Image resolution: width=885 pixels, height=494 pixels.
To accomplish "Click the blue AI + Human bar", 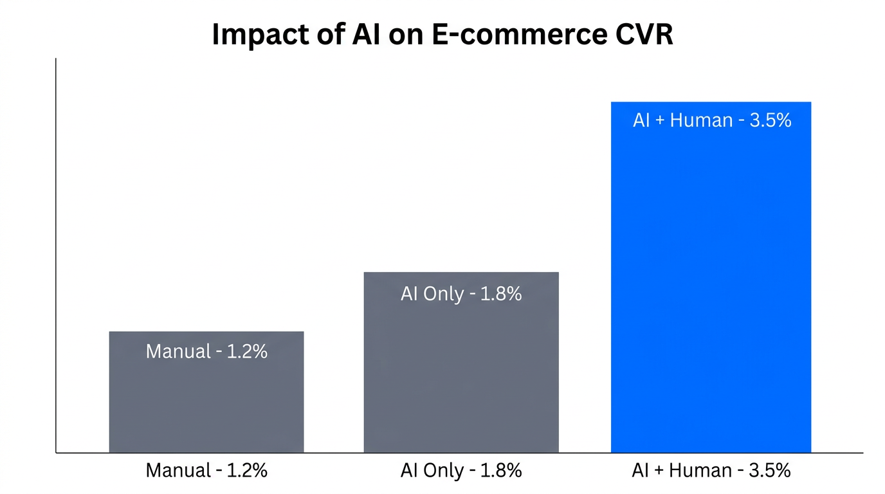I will [711, 289].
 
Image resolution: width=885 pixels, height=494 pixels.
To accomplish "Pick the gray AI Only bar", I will [461, 373].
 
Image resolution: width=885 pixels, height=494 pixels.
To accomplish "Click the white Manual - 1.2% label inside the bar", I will [206, 351].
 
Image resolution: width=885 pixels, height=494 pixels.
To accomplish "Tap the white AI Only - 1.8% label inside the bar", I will [461, 294].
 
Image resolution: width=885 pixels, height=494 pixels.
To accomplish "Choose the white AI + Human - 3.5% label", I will [712, 120].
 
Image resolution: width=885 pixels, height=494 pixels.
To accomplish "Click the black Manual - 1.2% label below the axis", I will [206, 470].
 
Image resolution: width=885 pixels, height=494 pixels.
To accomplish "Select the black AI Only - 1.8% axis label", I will [461, 470].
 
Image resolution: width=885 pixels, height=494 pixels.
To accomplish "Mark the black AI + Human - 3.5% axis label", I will [711, 470].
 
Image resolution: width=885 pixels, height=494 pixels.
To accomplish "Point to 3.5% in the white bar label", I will [770, 120].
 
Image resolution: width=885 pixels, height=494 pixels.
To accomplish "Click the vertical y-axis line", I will [56, 257].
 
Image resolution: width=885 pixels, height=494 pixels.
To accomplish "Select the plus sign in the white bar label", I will [660, 121].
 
